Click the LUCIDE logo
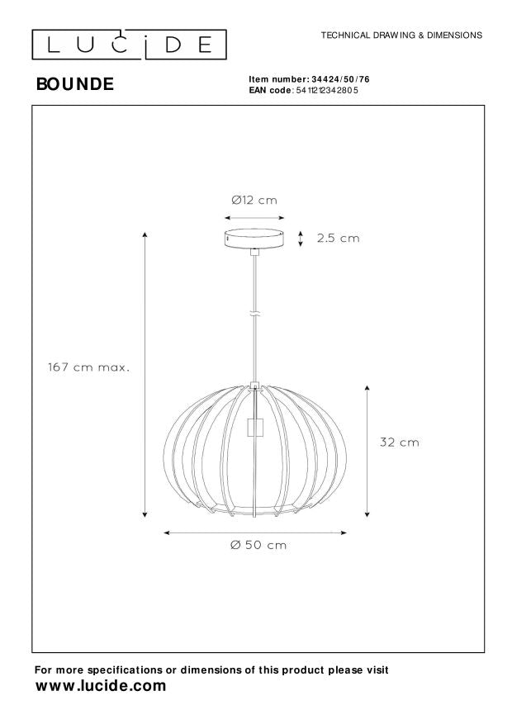pos(127,43)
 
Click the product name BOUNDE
pos(74,83)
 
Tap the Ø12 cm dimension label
pos(254,200)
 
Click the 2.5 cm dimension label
pos(339,239)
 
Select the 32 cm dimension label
pos(399,442)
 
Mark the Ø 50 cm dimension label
pos(259,545)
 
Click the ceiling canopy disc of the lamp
pos(254,238)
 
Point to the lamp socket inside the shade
pos(255,428)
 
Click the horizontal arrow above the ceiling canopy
pos(254,217)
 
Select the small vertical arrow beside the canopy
pos(301,239)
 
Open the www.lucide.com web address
pos(100,686)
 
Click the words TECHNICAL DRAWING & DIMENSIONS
pos(401,35)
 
